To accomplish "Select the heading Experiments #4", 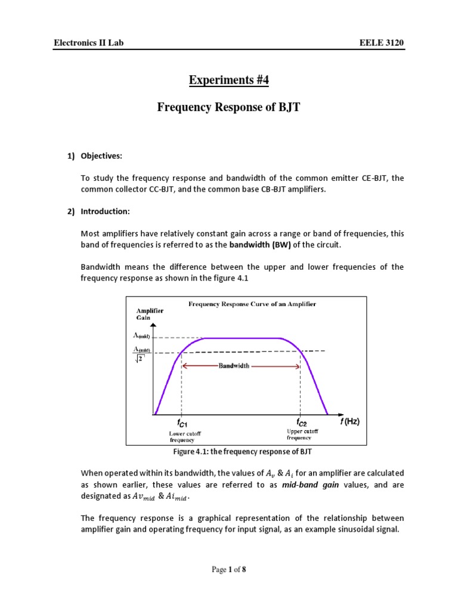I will tap(228, 80).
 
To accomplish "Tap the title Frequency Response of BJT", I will tap(228, 107).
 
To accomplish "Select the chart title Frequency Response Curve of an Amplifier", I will tap(252, 304).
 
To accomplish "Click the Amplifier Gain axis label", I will tap(150, 314).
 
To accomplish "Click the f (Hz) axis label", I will tap(350, 421).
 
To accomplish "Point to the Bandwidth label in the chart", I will tap(234, 366).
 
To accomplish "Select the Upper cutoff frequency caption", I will tap(303, 434).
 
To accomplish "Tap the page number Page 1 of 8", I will tap(228, 570).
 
